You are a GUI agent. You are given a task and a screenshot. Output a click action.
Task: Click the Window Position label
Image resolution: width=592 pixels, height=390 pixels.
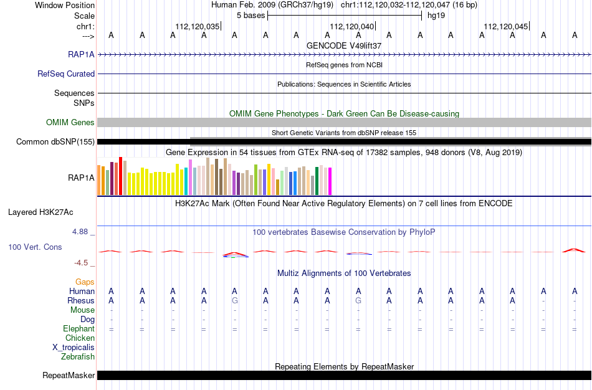(x=65, y=5)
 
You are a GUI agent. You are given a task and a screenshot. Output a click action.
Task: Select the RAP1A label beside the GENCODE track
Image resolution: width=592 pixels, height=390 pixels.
(x=81, y=54)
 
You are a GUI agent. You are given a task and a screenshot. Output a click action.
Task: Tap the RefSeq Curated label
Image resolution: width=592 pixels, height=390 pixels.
(x=66, y=74)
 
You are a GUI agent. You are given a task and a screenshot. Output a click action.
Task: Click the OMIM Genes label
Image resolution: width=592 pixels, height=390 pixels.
(x=70, y=122)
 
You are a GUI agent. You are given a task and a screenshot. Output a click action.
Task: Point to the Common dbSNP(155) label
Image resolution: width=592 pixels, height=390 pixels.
(x=55, y=142)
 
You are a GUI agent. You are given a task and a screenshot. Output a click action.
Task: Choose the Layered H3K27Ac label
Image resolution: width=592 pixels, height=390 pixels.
(x=41, y=212)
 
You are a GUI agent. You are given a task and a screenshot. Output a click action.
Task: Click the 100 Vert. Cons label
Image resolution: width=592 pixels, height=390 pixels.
(x=35, y=247)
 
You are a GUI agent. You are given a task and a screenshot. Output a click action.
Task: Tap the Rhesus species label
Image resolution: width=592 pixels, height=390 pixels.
(x=81, y=300)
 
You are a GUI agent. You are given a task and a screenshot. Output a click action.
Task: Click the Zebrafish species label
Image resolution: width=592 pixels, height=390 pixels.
(x=78, y=356)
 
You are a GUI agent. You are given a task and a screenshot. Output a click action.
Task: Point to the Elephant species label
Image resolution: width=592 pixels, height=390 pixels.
(x=79, y=328)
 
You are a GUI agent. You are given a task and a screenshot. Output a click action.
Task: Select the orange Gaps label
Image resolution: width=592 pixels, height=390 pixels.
(x=85, y=282)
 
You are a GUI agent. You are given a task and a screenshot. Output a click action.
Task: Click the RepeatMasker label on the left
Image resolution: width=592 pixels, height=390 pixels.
(x=69, y=375)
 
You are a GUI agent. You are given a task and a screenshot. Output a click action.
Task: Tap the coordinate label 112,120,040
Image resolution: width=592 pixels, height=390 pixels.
(x=351, y=26)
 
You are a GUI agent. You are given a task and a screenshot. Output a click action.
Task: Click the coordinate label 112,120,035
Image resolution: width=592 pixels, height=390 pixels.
(x=197, y=26)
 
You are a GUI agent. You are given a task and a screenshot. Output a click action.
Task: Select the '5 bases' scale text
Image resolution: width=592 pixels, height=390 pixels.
(x=251, y=16)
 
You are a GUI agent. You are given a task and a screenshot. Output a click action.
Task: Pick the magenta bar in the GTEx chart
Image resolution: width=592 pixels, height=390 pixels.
(x=330, y=181)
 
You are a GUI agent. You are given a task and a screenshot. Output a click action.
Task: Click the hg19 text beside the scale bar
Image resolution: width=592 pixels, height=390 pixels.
(x=436, y=16)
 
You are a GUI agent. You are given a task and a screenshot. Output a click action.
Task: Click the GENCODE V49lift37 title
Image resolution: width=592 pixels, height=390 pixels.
(x=344, y=45)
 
